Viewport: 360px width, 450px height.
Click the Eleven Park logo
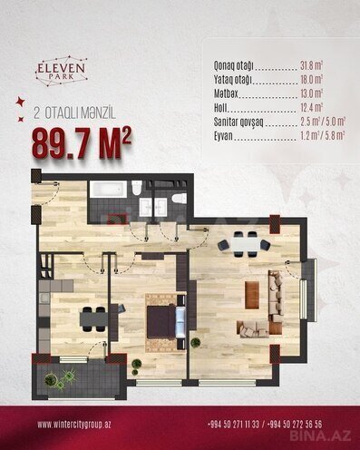62,71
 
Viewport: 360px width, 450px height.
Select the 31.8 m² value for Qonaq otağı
311,65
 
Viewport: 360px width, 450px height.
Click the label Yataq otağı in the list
233,80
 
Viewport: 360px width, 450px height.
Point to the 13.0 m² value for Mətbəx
311,93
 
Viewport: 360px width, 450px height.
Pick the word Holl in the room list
220,107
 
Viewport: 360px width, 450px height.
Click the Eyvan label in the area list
223,136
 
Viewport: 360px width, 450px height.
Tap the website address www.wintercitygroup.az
74,425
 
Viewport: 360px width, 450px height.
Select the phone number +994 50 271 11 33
233,425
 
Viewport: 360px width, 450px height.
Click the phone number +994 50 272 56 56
295,425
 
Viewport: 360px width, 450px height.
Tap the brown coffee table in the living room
252,295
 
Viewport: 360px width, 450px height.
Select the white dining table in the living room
245,244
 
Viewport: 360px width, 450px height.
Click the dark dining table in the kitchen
94,318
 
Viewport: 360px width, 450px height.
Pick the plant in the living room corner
196,343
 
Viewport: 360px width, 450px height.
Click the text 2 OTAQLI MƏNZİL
74,114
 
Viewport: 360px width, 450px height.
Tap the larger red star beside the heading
21,102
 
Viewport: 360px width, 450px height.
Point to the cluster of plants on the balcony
60,378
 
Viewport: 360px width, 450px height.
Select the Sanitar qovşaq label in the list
238,122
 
